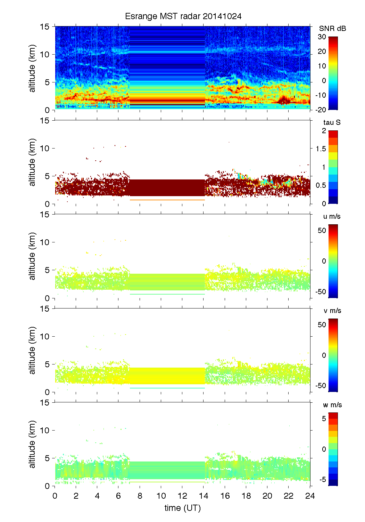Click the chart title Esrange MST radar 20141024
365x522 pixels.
pos(183,16)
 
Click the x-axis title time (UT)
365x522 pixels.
pos(182,508)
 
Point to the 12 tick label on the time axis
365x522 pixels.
pos(182,496)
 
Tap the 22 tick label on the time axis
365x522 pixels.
pos(289,496)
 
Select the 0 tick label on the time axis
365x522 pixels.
pos(55,496)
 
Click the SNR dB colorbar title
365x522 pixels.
pos(332,29)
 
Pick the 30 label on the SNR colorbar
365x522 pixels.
pos(322,37)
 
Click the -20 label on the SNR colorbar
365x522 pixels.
pos(321,110)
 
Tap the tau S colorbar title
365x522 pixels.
pos(332,122)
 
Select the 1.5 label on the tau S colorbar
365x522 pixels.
pos(321,149)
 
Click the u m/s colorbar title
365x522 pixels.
pos(332,216)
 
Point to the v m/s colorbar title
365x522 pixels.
pos(332,311)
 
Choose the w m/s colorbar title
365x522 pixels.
pos(332,405)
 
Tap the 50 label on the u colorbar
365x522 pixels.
pos(322,231)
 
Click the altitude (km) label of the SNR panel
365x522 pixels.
pos(32,68)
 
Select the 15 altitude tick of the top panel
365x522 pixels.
pos(45,27)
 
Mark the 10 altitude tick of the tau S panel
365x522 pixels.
pos(45,148)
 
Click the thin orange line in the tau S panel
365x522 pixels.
pos(167,200)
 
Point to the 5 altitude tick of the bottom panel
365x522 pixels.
pos(48,458)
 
